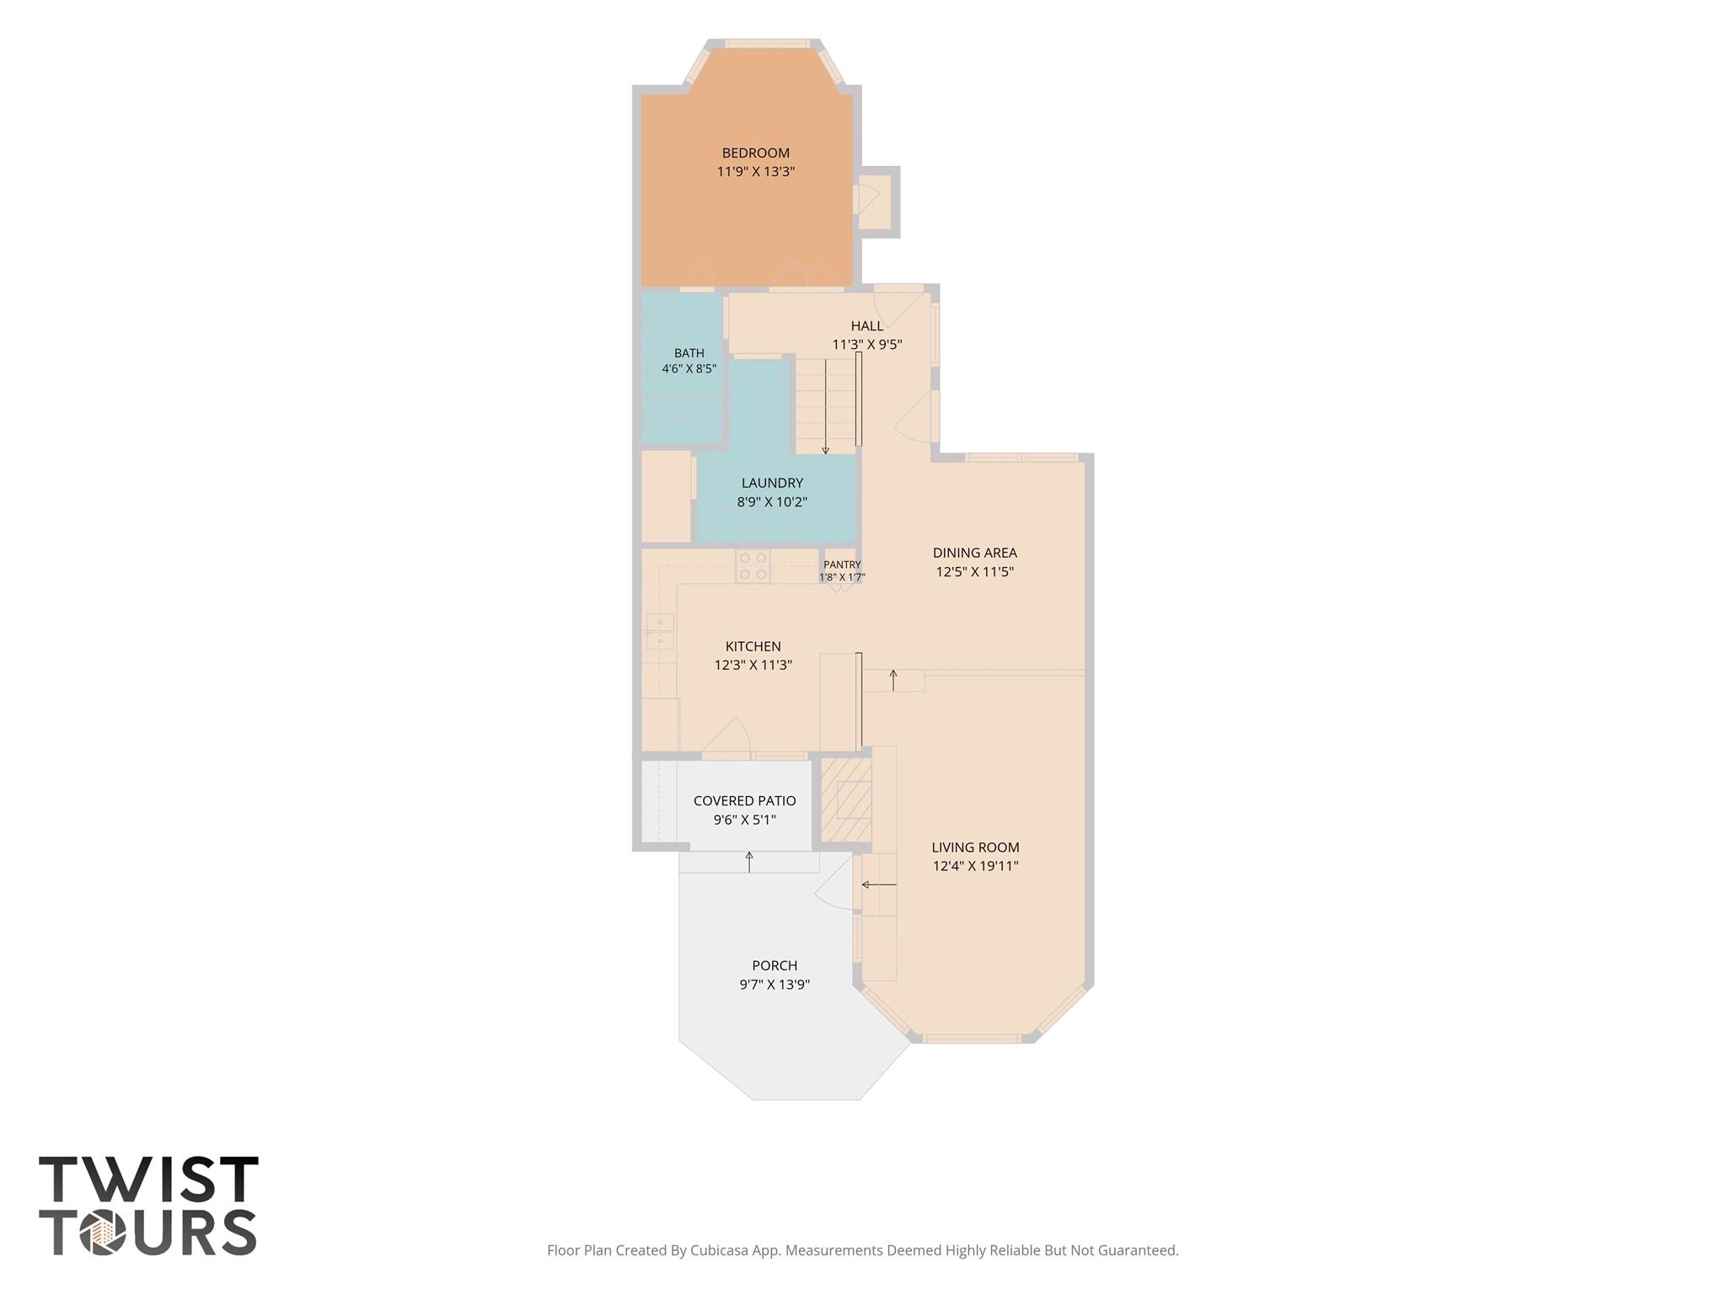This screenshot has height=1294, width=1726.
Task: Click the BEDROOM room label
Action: pos(755,152)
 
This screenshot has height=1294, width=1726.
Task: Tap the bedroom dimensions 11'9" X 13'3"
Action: pos(756,171)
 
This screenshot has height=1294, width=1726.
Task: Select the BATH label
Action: pos(689,353)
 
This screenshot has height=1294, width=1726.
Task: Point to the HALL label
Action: pos(867,326)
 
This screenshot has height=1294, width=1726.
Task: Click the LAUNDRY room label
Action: pos(772,483)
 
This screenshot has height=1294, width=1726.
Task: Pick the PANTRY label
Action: pos(842,564)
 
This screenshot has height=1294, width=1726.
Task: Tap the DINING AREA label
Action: pos(974,553)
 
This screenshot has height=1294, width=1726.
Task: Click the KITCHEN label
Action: pos(753,646)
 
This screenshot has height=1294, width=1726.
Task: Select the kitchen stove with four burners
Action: pos(753,566)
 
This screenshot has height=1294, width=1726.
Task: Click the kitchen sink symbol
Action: pos(660,632)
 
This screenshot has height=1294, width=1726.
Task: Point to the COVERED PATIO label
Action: pos(744,800)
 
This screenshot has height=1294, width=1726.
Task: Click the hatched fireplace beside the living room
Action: pos(846,800)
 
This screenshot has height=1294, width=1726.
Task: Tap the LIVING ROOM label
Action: pos(975,848)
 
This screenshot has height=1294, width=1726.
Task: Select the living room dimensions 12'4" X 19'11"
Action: pos(975,866)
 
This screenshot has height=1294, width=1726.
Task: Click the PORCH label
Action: pos(775,965)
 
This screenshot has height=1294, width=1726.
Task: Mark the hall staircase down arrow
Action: pos(825,408)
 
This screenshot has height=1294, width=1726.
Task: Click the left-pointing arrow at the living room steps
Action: pos(878,885)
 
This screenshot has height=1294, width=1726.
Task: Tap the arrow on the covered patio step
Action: pos(749,861)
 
